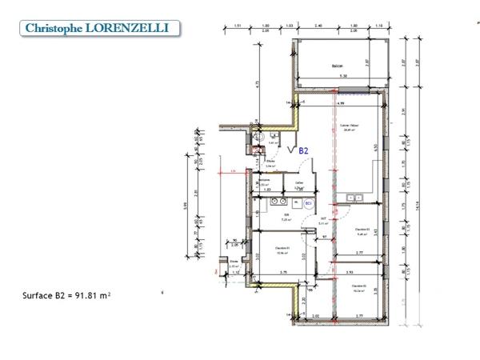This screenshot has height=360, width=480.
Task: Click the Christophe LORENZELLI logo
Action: (x=97, y=28)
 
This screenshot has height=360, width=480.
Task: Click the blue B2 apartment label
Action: (x=303, y=150)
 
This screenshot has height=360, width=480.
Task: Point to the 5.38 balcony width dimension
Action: (x=343, y=76)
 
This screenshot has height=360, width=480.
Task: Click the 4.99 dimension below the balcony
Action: (x=340, y=104)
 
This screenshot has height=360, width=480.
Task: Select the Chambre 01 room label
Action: (x=281, y=249)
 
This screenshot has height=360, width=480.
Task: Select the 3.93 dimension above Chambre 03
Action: (x=350, y=273)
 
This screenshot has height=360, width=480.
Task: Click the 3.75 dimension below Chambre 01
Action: (x=283, y=273)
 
